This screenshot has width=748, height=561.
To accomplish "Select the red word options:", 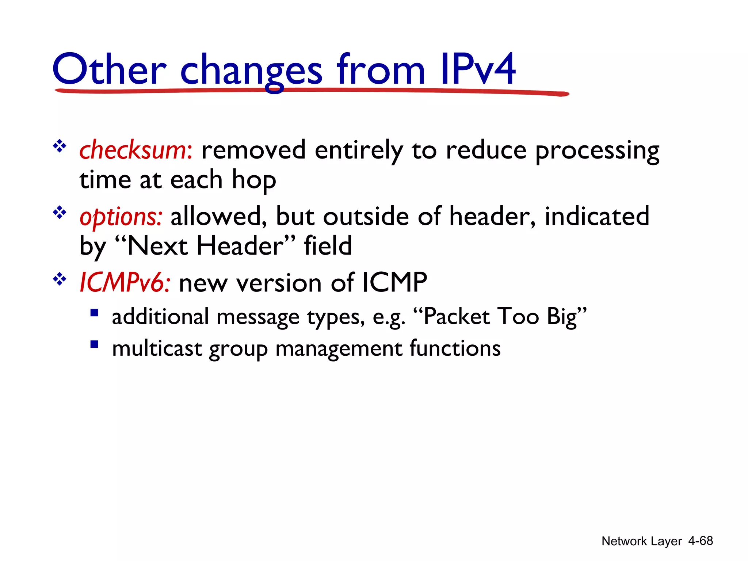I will [121, 217].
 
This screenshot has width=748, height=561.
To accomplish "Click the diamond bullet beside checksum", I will [59, 146].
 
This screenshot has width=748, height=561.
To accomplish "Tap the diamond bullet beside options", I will [59, 213].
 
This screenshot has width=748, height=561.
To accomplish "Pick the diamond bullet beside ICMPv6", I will [59, 279].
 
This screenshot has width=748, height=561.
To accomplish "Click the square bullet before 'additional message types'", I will [94, 313].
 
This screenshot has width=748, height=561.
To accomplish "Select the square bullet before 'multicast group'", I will [94, 344].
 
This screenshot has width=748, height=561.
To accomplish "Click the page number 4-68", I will [700, 541].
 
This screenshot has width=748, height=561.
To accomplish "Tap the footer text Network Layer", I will [641, 541].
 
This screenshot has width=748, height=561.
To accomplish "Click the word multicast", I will [157, 348].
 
